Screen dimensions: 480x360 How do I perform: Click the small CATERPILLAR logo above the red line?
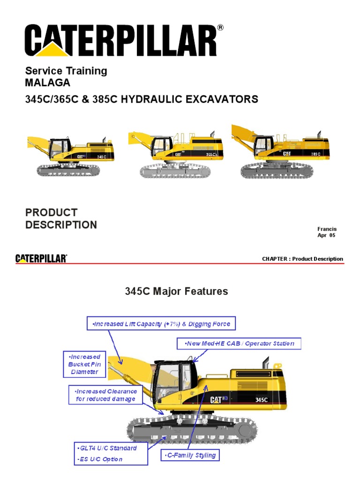pyautogui.click(x=41, y=258)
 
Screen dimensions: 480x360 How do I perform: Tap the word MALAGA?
pyautogui.click(x=48, y=83)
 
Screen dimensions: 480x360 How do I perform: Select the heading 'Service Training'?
pyautogui.click(x=66, y=71)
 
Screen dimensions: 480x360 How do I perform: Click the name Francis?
pyautogui.click(x=327, y=229)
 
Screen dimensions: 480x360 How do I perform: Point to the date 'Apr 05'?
pyautogui.click(x=326, y=235)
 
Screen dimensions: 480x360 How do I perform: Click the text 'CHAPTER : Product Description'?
pyautogui.click(x=302, y=259)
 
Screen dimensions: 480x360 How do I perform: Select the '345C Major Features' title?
pyautogui.click(x=176, y=292)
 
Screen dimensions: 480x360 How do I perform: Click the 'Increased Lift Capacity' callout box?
pyautogui.click(x=161, y=324)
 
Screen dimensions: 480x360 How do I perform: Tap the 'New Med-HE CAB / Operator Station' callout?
pyautogui.click(x=239, y=344)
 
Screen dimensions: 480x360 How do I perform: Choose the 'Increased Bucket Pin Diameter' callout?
pyautogui.click(x=84, y=364)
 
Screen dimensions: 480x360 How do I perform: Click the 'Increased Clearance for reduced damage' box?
pyautogui.click(x=106, y=395)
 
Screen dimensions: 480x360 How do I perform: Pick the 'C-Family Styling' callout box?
pyautogui.click(x=190, y=455)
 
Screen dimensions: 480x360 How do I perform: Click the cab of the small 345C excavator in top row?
pyautogui.click(x=60, y=148)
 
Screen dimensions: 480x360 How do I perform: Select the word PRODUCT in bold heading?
pyautogui.click(x=52, y=212)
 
